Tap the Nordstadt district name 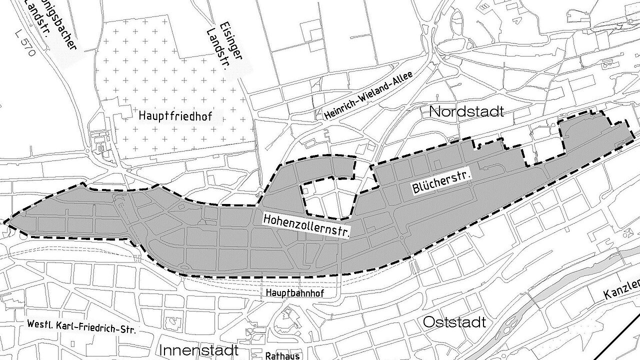coord(466,111)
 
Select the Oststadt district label coord(454,322)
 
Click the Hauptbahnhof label coord(295,293)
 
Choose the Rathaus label coord(283,355)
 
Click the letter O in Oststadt coord(429,322)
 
